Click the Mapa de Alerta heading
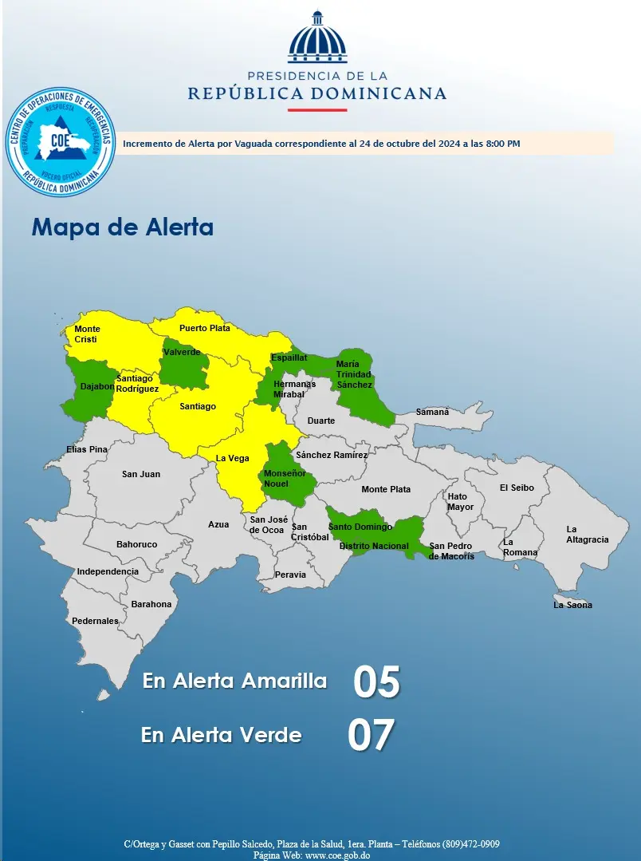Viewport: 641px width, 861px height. pos(123,227)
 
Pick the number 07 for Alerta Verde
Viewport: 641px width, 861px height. pos(372,736)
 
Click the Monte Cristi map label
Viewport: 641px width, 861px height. pos(86,334)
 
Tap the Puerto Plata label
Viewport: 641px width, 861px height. pos(204,328)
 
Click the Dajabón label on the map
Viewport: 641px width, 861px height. pos(97,387)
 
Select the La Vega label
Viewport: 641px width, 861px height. pos(233,458)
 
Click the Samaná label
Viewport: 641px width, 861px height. pos(433,412)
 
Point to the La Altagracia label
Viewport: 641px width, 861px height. pos(587,535)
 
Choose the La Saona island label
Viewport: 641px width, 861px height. pos(572,605)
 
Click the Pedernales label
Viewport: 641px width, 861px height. pos(95,621)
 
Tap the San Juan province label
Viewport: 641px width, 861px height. pos(141,474)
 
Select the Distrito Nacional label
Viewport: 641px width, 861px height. pos(374,547)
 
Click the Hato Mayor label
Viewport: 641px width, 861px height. pos(460,502)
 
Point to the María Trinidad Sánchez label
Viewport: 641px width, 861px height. pos(354,374)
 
